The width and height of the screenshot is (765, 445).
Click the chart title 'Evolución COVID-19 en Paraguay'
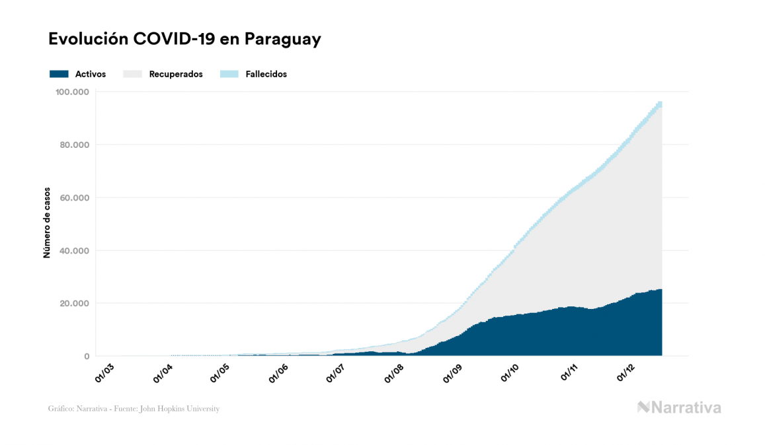184,39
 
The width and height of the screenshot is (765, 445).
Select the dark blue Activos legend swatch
59,74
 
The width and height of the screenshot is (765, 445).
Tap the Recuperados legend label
176,74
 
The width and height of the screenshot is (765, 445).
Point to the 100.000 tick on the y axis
72,92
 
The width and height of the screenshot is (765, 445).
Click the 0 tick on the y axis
87,357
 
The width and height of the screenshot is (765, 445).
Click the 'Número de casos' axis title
47,226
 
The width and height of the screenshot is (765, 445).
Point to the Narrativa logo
679,407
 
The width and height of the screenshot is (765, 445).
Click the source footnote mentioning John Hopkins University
134,409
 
